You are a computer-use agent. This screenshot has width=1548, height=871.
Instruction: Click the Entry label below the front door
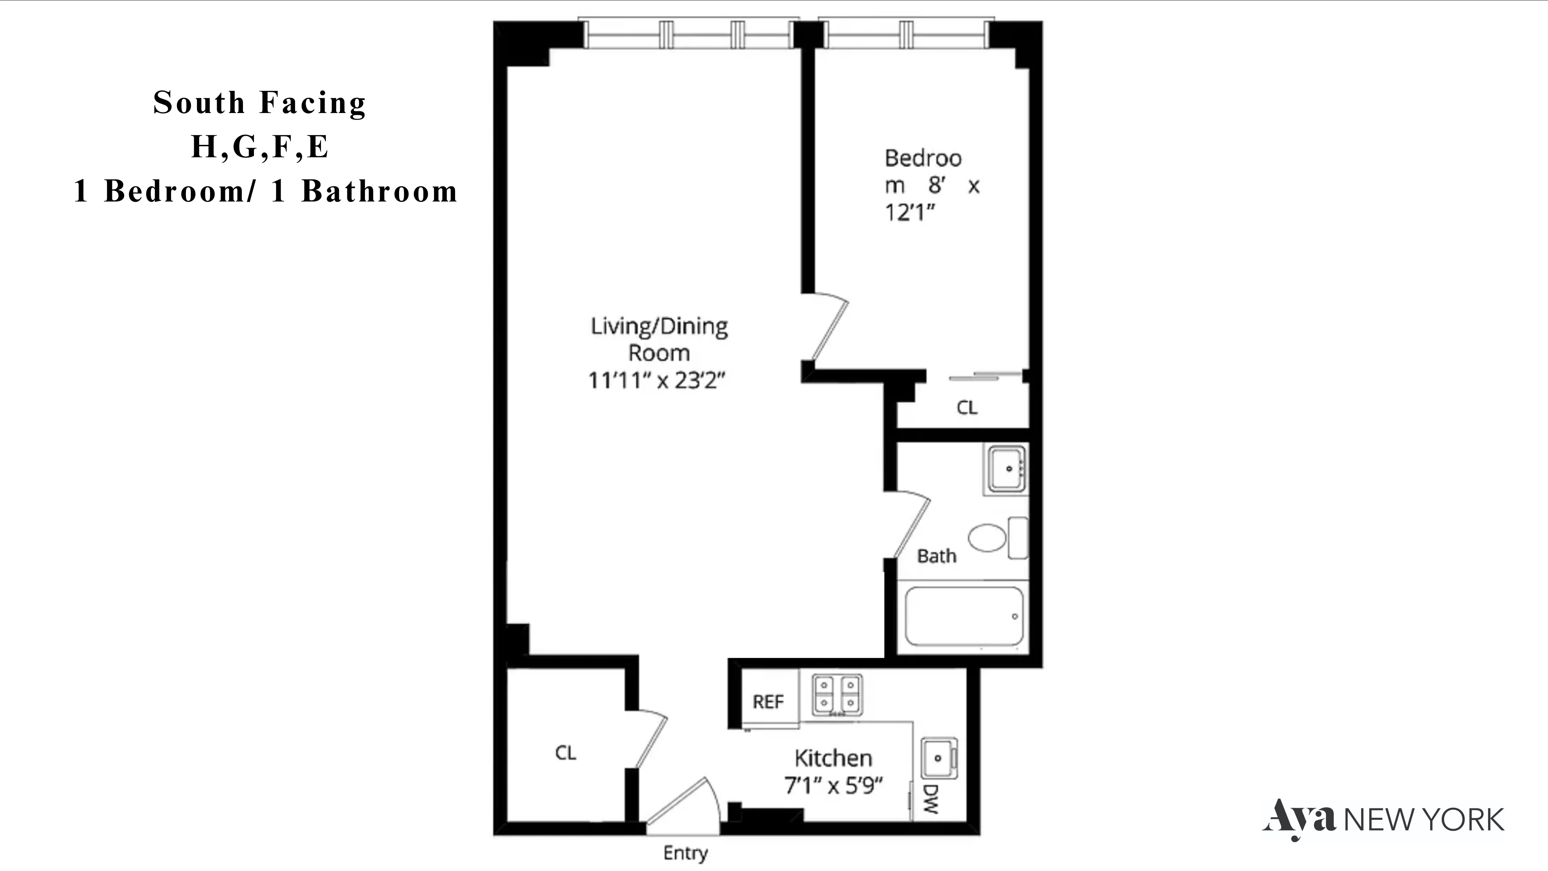[685, 852]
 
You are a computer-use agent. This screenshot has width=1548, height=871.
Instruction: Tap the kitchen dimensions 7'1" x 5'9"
[833, 785]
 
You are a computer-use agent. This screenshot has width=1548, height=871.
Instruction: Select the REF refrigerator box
[768, 701]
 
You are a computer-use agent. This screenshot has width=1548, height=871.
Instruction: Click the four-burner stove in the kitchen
[837, 694]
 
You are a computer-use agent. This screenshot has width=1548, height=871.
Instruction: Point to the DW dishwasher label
[930, 799]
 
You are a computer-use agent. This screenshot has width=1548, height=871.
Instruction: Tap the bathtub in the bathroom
[964, 616]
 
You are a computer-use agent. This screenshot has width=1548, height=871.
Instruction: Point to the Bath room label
[936, 556]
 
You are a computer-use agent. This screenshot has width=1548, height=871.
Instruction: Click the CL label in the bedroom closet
[966, 408]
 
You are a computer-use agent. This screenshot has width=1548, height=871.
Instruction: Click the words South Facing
[259, 102]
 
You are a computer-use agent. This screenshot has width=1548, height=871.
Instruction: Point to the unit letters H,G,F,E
[259, 147]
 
